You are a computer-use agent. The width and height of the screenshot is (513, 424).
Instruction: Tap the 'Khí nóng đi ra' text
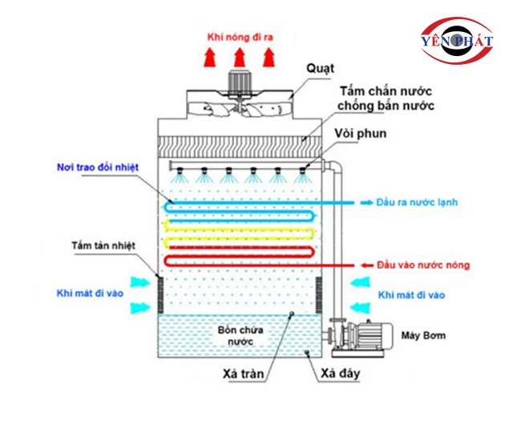click(x=238, y=37)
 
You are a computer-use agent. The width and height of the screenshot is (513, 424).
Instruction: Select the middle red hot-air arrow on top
click(x=238, y=57)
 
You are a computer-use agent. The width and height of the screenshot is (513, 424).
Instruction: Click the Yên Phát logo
click(x=454, y=43)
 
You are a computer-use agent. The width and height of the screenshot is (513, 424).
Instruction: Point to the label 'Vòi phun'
click(x=362, y=134)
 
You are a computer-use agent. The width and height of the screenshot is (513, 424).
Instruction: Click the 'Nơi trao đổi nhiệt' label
click(x=98, y=167)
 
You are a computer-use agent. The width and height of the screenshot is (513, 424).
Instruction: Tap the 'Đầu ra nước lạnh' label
click(x=417, y=202)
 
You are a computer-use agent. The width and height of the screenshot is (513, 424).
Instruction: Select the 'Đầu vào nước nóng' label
click(x=423, y=265)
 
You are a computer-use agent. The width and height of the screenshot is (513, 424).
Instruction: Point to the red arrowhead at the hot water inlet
click(x=359, y=265)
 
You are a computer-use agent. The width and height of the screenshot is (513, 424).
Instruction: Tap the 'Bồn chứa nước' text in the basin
click(x=236, y=335)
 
